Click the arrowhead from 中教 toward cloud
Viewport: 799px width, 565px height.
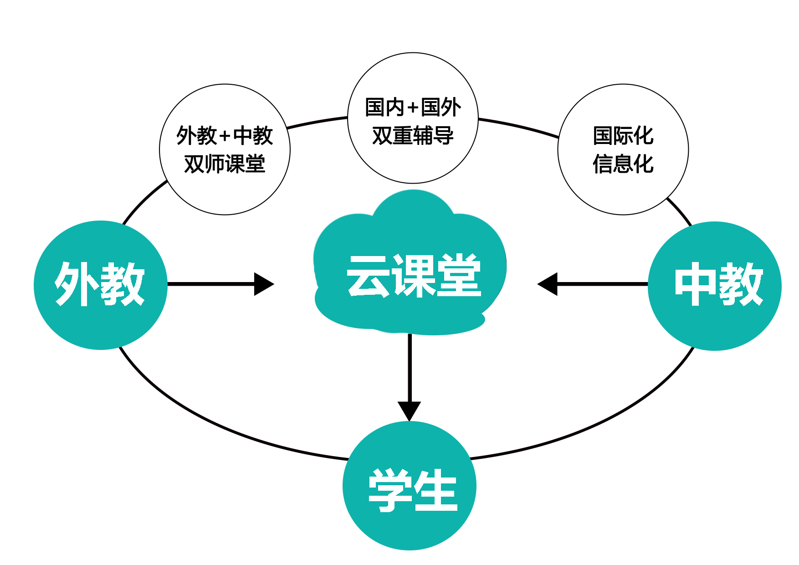(x=548, y=284)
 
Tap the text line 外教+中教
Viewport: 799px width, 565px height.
(x=224, y=136)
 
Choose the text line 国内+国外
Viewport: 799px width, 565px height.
(x=413, y=108)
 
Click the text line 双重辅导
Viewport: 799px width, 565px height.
(x=413, y=136)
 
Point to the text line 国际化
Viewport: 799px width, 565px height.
(x=623, y=136)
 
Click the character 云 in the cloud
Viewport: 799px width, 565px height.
(x=368, y=276)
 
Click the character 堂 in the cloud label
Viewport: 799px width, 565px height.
(x=458, y=276)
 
